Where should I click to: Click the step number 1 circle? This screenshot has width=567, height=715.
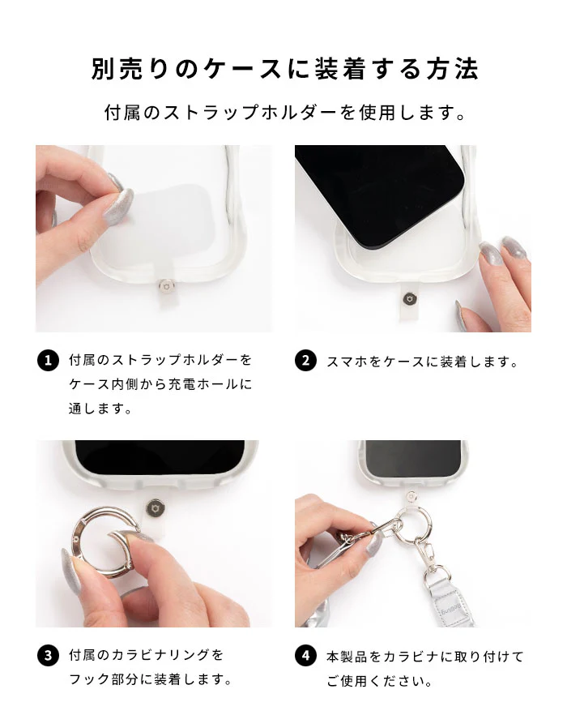click(x=48, y=361)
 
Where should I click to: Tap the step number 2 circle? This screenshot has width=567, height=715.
click(x=305, y=361)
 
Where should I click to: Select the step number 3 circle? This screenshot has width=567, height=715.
click(x=48, y=656)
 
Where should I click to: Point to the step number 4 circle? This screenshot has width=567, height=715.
click(x=305, y=656)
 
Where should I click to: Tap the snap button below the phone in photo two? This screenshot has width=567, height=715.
click(x=408, y=299)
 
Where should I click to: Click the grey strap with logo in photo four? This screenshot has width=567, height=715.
click(x=444, y=602)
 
